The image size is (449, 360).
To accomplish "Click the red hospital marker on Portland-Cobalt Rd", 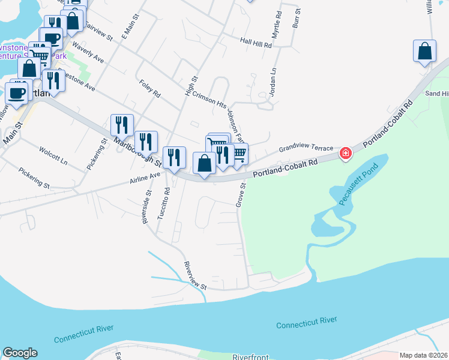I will coord(345,154).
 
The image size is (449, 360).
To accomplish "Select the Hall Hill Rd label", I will coord(256,41).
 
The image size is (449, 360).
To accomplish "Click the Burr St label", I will coord(295,20).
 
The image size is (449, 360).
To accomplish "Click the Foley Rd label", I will coord(149,89).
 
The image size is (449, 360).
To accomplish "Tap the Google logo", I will coord(19,353).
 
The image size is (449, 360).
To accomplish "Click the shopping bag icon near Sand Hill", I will coord(424,51).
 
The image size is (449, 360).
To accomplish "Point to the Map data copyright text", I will coord(423,355).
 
